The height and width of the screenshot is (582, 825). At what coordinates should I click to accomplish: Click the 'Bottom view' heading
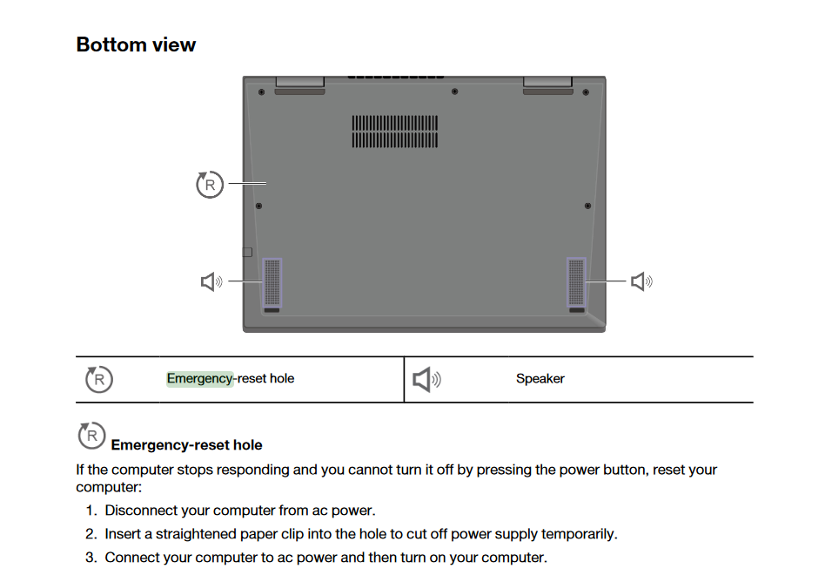tap(136, 44)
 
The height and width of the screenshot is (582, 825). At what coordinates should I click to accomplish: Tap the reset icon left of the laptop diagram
tap(210, 185)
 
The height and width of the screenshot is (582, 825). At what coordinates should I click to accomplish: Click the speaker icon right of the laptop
tap(641, 281)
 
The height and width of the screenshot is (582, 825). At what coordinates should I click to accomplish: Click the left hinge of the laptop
tap(300, 84)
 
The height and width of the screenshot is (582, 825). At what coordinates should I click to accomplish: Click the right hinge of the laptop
tap(547, 84)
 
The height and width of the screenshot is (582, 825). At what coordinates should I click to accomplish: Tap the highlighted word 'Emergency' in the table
tap(200, 379)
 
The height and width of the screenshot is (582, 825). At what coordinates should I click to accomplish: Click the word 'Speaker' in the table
tap(540, 379)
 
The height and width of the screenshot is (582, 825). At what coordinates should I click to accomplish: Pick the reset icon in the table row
tap(98, 379)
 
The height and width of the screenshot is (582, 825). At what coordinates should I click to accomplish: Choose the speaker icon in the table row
tap(426, 379)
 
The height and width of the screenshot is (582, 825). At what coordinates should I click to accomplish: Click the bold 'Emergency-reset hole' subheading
tap(186, 445)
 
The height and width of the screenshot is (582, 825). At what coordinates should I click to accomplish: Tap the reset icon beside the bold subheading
tap(91, 436)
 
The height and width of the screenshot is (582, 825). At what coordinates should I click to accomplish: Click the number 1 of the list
tap(91, 511)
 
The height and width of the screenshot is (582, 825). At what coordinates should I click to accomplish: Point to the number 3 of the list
tap(91, 558)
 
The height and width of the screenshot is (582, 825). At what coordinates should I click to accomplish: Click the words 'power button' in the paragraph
tap(605, 470)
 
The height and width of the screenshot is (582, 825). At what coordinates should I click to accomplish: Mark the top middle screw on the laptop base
tap(455, 91)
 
